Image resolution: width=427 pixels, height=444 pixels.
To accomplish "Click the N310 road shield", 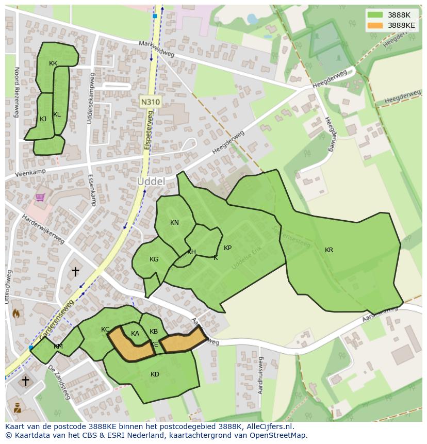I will tap(150, 102).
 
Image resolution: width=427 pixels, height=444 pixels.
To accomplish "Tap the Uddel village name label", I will tap(151, 182).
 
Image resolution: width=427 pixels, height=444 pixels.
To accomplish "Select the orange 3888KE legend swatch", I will tap(375, 25).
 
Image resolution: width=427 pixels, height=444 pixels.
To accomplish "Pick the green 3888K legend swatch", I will tap(375, 15).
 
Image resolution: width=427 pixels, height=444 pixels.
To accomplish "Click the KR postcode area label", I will tap(329, 250).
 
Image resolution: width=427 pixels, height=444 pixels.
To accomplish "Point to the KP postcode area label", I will tap(227, 248).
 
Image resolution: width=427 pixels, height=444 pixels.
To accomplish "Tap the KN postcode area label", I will tap(174, 223).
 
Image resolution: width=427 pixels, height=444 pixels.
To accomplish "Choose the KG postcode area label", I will tap(154, 259).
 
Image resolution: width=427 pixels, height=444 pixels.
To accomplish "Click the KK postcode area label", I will tap(53, 63).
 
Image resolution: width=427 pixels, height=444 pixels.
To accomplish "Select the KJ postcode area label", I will tap(43, 119).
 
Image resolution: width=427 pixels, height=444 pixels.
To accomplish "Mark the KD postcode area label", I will tap(155, 374).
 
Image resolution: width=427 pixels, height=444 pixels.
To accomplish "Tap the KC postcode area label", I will tap(105, 330).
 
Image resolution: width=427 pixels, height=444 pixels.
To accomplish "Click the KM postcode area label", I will tap(58, 347).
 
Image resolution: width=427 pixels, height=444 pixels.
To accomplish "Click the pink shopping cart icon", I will tap(40, 197).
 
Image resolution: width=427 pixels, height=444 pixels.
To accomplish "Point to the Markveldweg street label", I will tap(157, 49).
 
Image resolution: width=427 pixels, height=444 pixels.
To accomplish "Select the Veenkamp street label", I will tap(30, 172).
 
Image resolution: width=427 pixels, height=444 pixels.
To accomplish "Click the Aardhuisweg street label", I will tap(261, 375).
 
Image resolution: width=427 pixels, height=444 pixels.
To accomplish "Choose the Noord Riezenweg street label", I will tap(17, 92).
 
